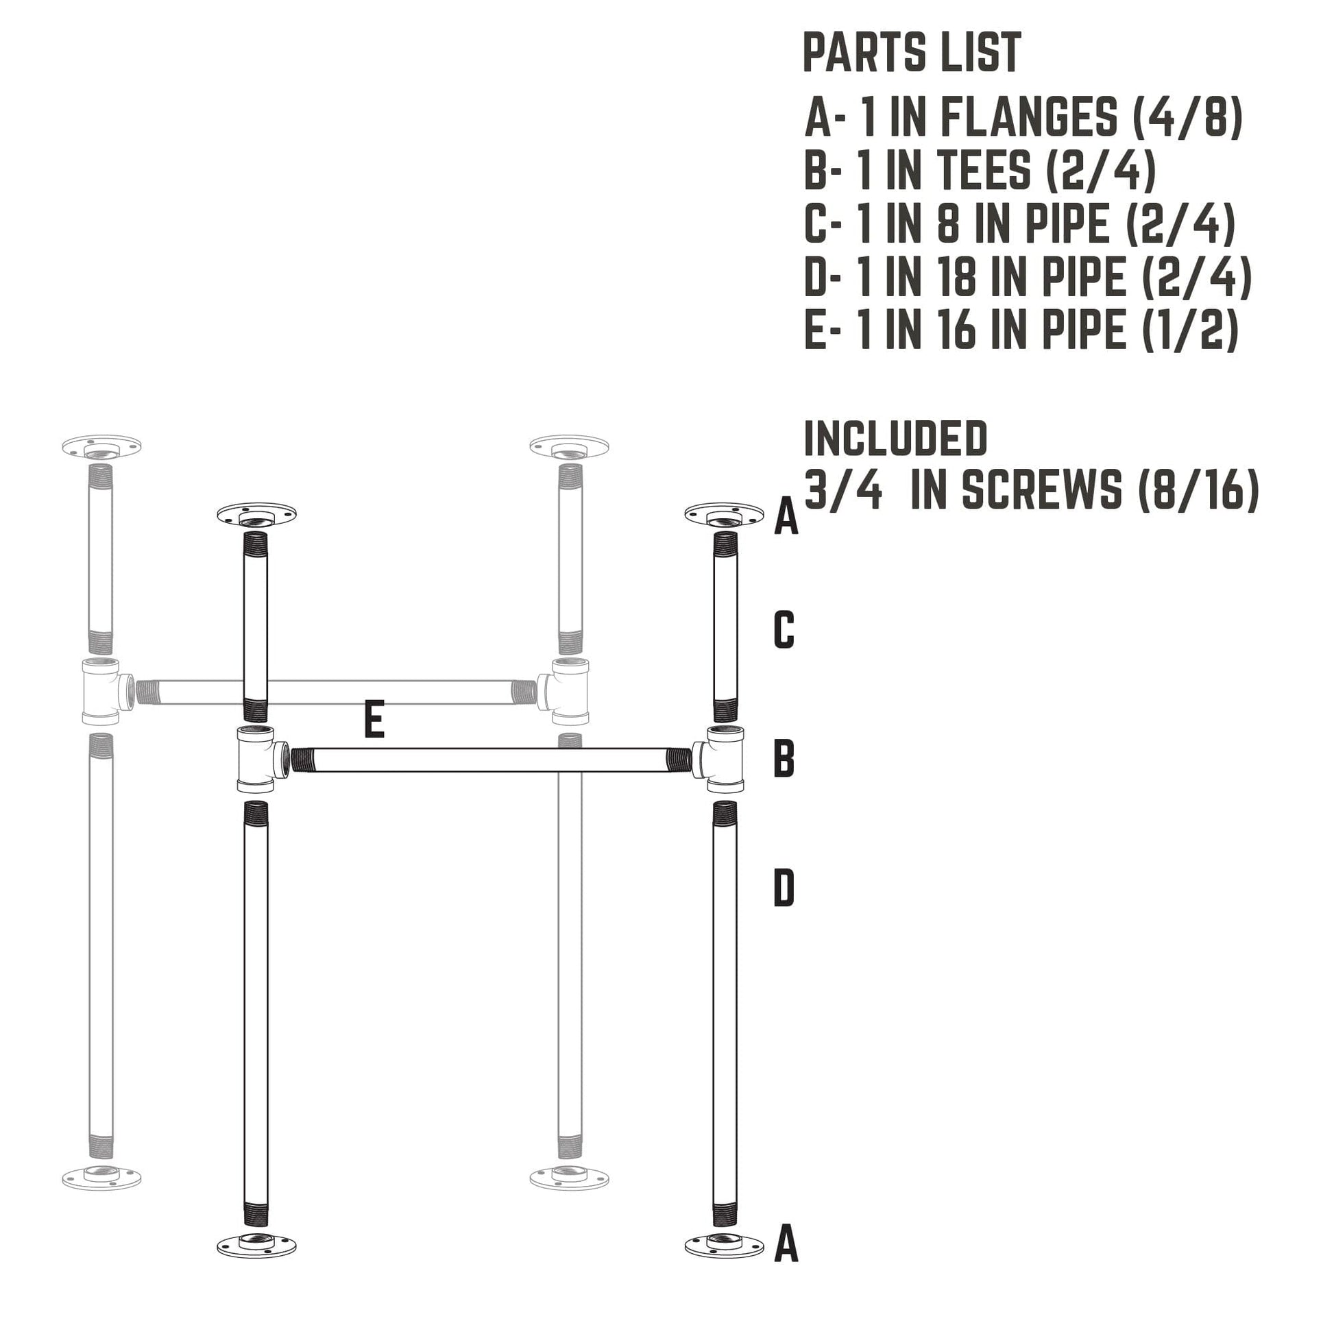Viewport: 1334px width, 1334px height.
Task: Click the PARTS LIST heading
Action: coord(912,53)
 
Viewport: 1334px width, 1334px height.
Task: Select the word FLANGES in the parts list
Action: coord(1029,117)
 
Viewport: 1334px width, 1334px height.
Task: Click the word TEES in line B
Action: coord(983,171)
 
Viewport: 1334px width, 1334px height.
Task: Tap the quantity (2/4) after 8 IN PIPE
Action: coord(1180,223)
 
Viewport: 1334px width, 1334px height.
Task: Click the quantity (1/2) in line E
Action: coord(1191,330)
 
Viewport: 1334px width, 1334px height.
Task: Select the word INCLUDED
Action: coord(895,439)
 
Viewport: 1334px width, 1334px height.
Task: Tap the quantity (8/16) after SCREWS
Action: coord(1199,491)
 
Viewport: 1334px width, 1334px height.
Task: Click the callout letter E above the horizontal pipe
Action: coord(374,719)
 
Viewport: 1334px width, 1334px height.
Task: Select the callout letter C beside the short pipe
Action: coord(784,630)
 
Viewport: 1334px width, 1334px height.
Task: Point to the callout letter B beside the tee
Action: coord(784,758)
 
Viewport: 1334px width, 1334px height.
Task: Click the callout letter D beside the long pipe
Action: coord(784,888)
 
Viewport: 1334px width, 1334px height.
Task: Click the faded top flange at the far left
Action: coord(101,448)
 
